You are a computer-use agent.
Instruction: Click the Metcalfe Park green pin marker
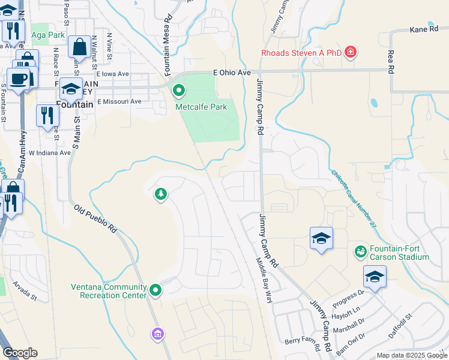tap(179, 91)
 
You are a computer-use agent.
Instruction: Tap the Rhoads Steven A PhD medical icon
tap(351, 53)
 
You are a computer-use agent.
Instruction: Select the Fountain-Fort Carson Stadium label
tap(399, 253)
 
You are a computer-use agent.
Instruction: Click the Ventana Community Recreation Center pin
tap(155, 290)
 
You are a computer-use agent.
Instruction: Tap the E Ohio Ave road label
tap(232, 73)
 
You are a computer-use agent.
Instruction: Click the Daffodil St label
tap(400, 325)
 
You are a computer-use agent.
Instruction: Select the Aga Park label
tap(48, 35)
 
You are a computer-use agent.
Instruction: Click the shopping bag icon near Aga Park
tap(79, 47)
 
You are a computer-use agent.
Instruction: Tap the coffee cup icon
tap(19, 79)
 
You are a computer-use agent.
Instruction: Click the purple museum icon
tap(158, 334)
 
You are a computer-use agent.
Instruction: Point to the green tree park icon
tap(160, 193)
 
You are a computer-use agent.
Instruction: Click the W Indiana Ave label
tap(50, 153)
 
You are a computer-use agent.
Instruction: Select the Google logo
tap(20, 353)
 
